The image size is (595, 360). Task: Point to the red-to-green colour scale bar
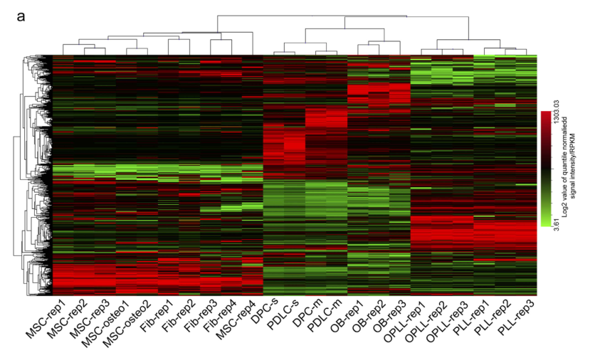tap(546, 169)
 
